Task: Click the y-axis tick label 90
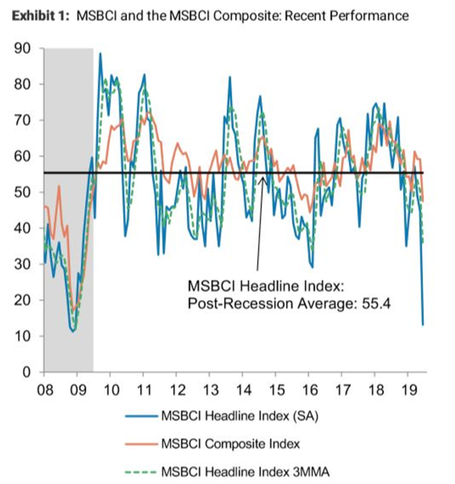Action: pos(24,48)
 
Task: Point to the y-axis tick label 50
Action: pos(24,192)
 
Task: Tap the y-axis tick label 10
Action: pos(24,337)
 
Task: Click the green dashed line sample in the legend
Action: pos(141,471)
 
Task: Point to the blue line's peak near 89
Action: pos(100,53)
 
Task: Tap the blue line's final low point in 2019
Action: pos(423,325)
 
